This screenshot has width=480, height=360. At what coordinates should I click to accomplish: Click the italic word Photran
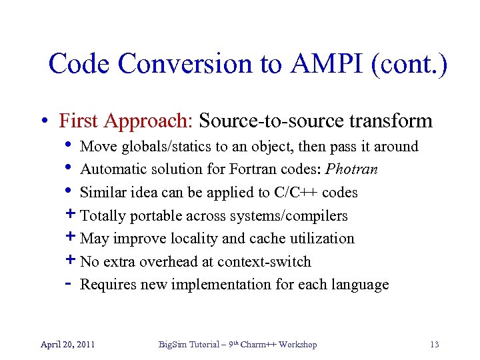[352, 169]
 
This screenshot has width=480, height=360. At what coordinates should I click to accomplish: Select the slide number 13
[434, 345]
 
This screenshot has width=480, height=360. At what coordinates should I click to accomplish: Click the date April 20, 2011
[67, 345]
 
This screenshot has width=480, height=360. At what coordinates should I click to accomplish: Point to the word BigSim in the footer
[173, 345]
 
